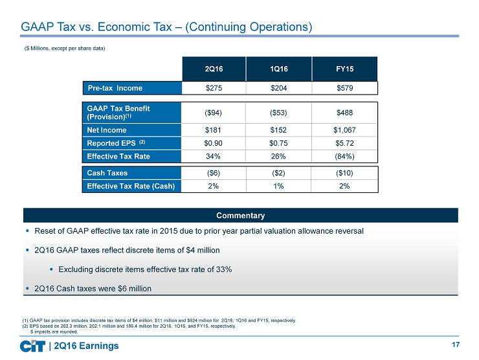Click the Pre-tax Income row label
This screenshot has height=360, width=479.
[116, 87]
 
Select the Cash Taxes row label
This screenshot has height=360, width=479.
[107, 173]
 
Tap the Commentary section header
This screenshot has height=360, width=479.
[241, 215]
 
